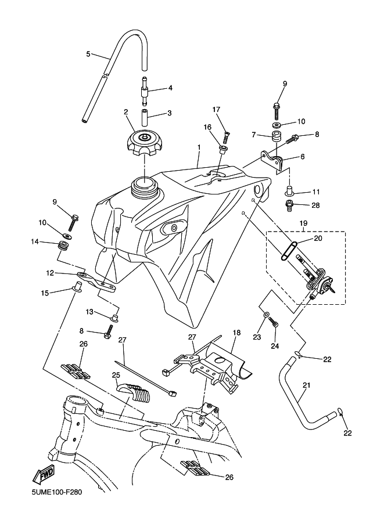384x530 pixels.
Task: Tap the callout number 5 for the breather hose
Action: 88,54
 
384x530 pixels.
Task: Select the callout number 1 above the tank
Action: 198,147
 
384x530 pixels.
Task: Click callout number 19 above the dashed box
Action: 303,223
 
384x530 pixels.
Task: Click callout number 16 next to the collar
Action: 207,127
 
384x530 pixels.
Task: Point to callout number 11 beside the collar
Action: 317,192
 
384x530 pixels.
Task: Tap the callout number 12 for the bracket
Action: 51,272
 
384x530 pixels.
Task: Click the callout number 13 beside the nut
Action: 89,312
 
